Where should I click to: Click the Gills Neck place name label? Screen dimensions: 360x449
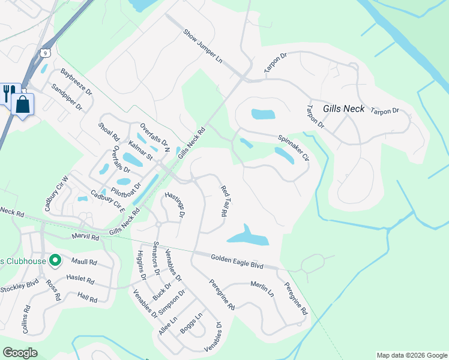click(343, 109)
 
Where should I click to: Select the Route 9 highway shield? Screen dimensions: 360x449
click(46, 53)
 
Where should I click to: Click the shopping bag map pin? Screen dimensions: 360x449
click(23, 104)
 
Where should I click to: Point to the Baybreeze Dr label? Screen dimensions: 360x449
click(76, 82)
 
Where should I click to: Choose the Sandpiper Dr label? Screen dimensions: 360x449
click(67, 97)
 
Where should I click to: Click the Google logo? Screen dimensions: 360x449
click(20, 353)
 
